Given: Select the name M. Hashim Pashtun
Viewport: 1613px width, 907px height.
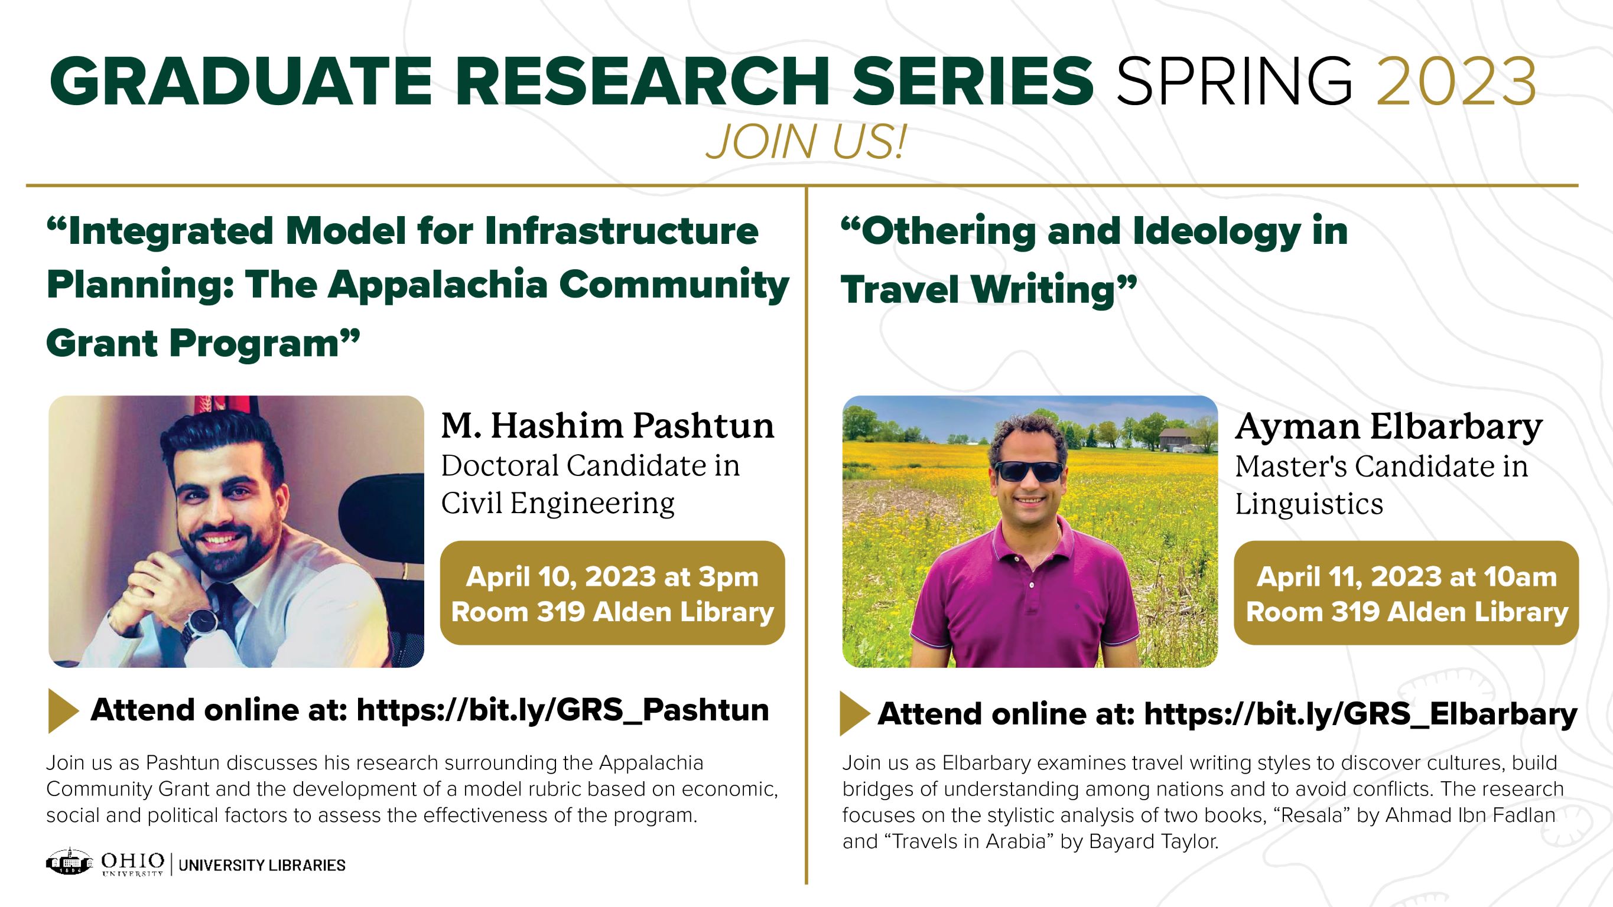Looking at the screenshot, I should coord(607,426).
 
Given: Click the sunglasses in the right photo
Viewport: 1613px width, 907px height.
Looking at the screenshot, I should coord(1029,471).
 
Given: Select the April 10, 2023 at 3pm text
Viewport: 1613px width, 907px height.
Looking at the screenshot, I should coord(612,576).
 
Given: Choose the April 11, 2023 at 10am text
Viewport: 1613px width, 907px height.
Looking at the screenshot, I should coord(1406,576).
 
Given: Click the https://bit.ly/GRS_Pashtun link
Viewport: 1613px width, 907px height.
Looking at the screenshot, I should coord(562,710).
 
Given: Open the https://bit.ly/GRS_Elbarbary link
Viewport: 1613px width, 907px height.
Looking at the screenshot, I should coord(1360,713).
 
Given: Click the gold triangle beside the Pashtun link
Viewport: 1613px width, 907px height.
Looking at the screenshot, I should coord(63,711).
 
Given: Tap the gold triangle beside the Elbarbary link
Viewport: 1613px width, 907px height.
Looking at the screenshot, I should coord(854,713).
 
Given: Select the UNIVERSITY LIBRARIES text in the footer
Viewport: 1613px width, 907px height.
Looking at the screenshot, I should coord(262,865).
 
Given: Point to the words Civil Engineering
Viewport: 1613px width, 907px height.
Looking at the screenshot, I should coord(557,503).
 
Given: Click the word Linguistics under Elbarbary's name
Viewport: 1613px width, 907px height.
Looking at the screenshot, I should coord(1309,504).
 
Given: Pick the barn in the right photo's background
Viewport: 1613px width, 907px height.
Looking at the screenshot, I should coord(1175,439).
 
